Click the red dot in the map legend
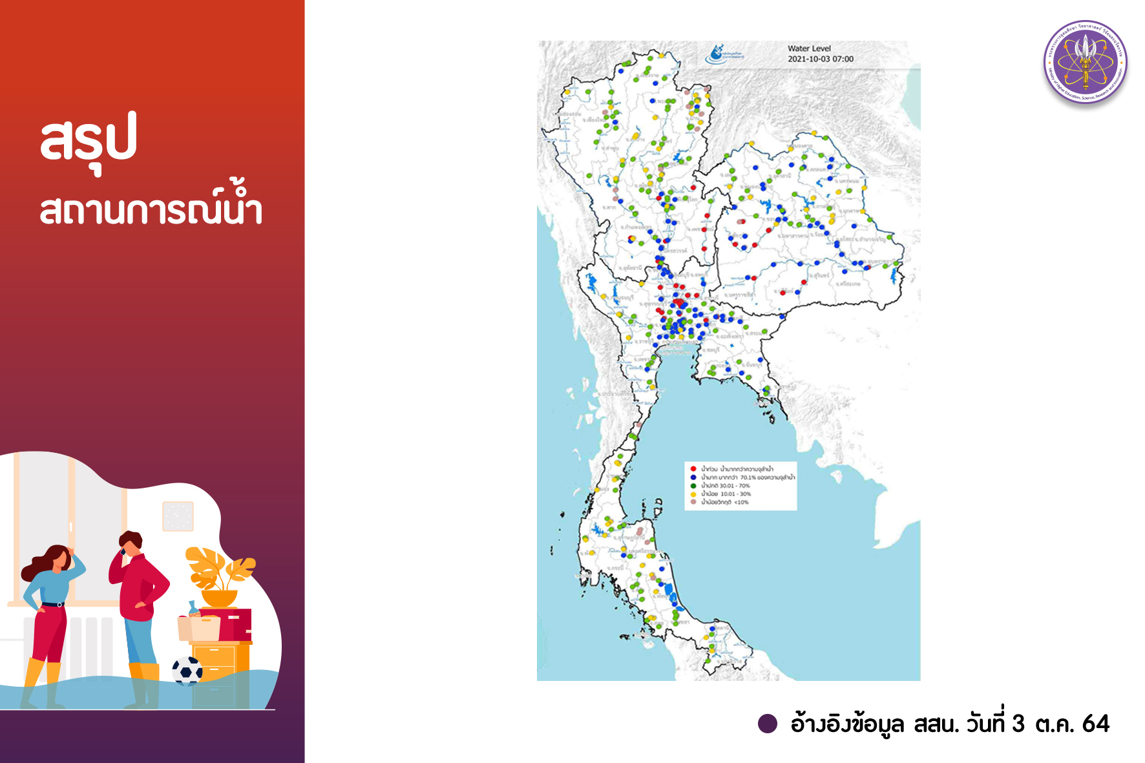click(693, 468)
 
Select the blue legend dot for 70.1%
click(693, 477)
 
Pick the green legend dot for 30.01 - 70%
click(693, 485)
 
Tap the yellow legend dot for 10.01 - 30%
click(693, 494)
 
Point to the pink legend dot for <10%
click(693, 502)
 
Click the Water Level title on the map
click(809, 48)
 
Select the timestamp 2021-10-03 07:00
click(821, 59)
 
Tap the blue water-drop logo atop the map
click(718, 54)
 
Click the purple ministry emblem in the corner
click(1086, 62)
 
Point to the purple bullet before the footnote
click(767, 724)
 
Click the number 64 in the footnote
click(1095, 724)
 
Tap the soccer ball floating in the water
click(187, 671)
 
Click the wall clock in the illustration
click(178, 516)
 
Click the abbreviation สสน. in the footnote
click(936, 724)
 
